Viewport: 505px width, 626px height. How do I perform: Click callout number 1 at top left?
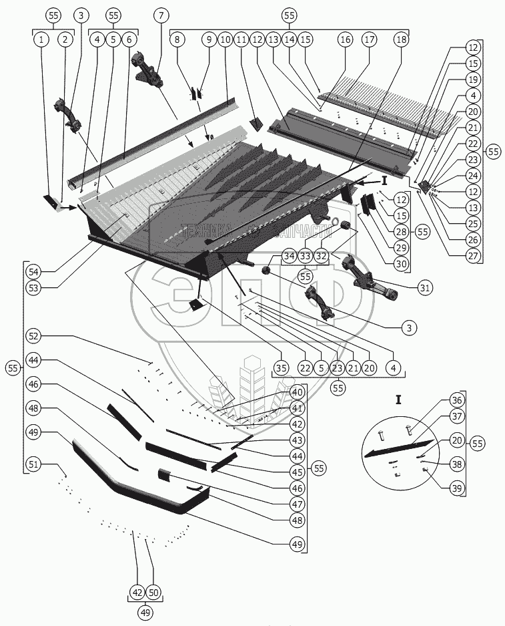point(41,40)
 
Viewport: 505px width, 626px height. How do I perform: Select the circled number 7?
point(160,15)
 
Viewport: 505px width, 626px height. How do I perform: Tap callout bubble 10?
point(224,40)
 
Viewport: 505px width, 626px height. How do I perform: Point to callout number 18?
point(400,40)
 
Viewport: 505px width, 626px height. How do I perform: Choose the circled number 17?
point(369,40)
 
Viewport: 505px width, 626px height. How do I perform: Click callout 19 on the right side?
point(472,80)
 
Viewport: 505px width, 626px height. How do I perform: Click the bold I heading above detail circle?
point(398,400)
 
